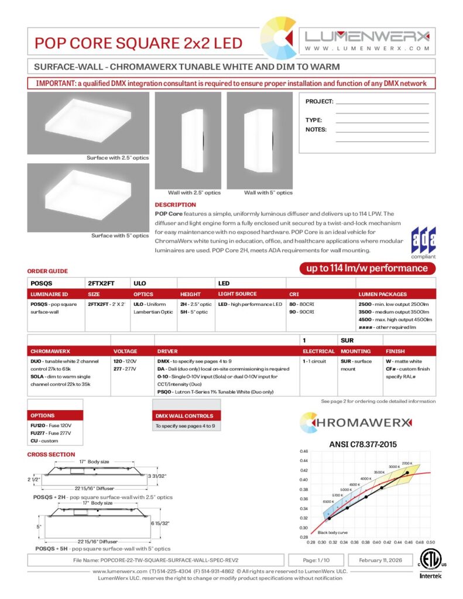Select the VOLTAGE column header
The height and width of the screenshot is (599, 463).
point(125,352)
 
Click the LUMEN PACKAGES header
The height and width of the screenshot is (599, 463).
point(382,294)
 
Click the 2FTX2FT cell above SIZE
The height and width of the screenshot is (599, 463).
point(101,282)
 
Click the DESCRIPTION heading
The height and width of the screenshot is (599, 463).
point(175,205)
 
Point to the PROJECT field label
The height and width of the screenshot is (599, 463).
point(319,102)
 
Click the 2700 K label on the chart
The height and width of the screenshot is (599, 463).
point(407,463)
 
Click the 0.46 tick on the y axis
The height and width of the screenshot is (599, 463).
point(303,452)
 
